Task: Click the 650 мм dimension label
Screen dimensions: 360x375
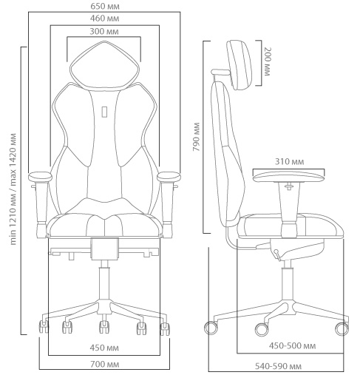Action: click(x=105, y=6)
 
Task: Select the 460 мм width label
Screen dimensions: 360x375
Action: click(x=104, y=18)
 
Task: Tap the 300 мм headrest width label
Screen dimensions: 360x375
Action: click(x=104, y=32)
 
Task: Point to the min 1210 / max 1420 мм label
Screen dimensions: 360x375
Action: click(x=13, y=189)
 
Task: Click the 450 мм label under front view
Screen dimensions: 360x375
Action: click(x=104, y=348)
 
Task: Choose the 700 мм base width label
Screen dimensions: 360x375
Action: click(x=105, y=364)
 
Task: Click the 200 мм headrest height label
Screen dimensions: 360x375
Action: click(x=267, y=61)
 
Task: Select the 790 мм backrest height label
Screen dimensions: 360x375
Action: click(x=197, y=137)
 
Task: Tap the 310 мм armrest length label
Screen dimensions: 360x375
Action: click(x=290, y=162)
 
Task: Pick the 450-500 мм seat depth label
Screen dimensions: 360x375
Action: click(x=292, y=346)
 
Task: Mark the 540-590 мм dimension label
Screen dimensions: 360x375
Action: click(x=278, y=366)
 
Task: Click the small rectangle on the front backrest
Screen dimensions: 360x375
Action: click(x=104, y=112)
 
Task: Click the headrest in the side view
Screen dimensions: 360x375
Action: click(x=239, y=65)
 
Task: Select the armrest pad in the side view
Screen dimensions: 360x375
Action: click(x=289, y=177)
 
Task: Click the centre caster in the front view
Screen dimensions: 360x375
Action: click(x=104, y=327)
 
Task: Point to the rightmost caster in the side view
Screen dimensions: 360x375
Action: click(x=342, y=328)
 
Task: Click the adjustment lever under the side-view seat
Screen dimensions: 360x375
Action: click(x=277, y=255)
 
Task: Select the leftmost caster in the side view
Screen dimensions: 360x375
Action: click(x=211, y=328)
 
